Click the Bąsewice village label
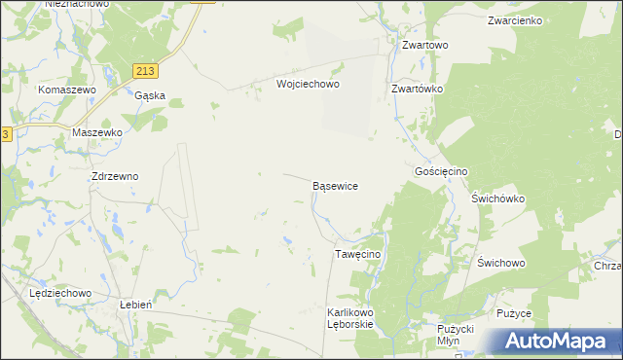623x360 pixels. click(x=335, y=185)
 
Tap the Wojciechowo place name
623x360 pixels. click(x=307, y=85)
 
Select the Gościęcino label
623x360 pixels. click(x=441, y=170)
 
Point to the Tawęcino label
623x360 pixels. click(x=357, y=254)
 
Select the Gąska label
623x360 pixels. click(x=150, y=95)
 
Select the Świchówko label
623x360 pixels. click(x=498, y=198)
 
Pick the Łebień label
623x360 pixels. click(x=133, y=304)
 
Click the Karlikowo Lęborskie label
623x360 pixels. click(x=350, y=318)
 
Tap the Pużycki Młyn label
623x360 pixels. click(x=455, y=335)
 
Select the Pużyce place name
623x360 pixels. click(x=513, y=313)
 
